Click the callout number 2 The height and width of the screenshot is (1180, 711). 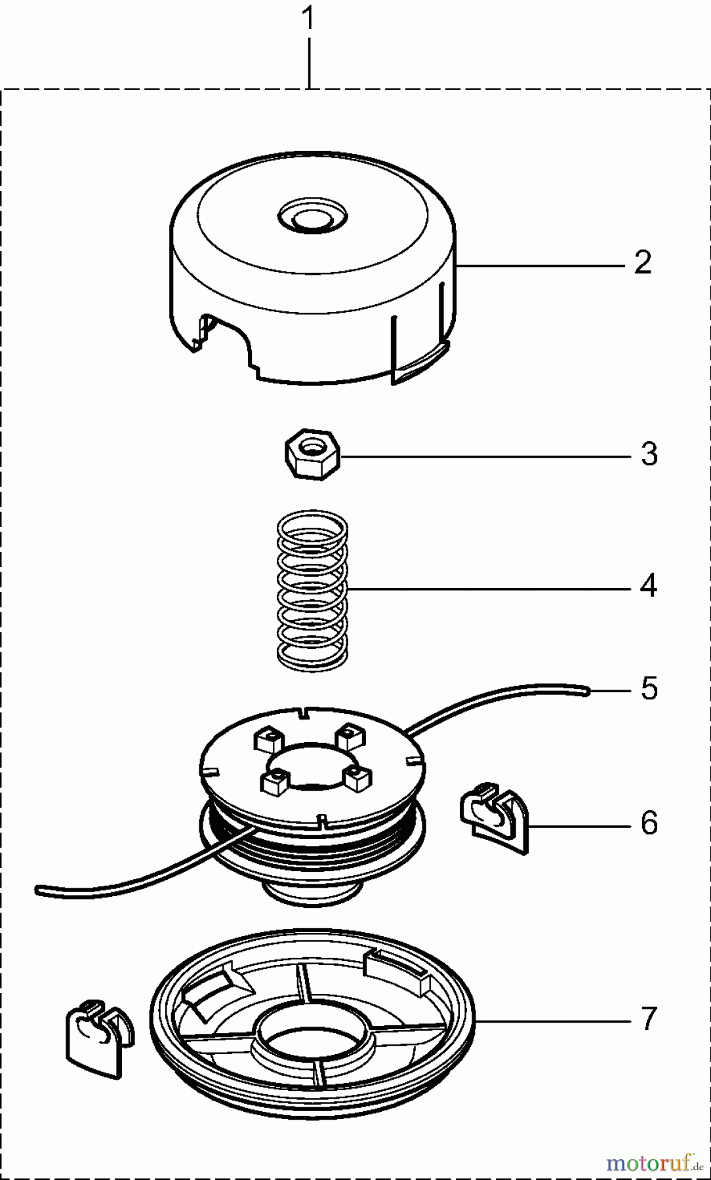[x=643, y=263]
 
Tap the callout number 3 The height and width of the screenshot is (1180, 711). [x=649, y=454]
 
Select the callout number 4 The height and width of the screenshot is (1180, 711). [x=648, y=585]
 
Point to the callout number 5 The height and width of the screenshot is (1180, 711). [x=649, y=689]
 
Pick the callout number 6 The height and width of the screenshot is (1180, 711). [x=649, y=823]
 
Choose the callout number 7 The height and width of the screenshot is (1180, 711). [x=648, y=1019]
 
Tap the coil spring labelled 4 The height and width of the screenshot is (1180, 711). [x=312, y=590]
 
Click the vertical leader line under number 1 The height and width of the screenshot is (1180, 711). [x=308, y=62]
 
